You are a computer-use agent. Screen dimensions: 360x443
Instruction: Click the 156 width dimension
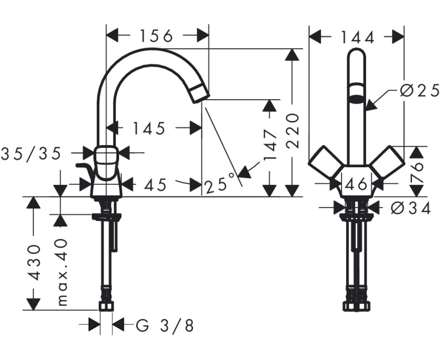pyautogui.click(x=156, y=36)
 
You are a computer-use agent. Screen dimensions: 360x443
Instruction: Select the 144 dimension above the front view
pyautogui.click(x=357, y=37)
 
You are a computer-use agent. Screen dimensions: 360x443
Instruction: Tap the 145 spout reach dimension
pyautogui.click(x=149, y=128)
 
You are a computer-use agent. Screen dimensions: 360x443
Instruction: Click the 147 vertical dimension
pyautogui.click(x=270, y=145)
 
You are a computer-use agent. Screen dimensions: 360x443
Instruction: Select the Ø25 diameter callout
pyautogui.click(x=419, y=90)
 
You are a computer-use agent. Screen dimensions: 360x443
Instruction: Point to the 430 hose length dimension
pyautogui.click(x=34, y=261)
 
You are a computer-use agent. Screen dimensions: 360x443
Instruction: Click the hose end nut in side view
pyautogui.click(x=106, y=306)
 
